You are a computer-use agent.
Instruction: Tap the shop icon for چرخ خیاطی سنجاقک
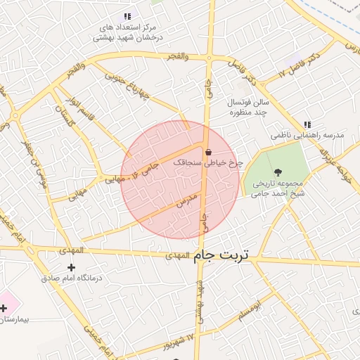(x=208, y=152)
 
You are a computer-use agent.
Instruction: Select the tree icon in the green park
(x=278, y=171)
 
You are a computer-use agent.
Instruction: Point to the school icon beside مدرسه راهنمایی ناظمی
(x=307, y=124)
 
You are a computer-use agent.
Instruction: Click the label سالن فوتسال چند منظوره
(x=247, y=107)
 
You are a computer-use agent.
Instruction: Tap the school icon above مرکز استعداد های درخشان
(x=127, y=16)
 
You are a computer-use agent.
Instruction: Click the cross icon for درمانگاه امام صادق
(x=71, y=267)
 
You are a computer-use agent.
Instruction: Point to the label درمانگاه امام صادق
(x=71, y=278)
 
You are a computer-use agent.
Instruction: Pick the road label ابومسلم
(x=247, y=310)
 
